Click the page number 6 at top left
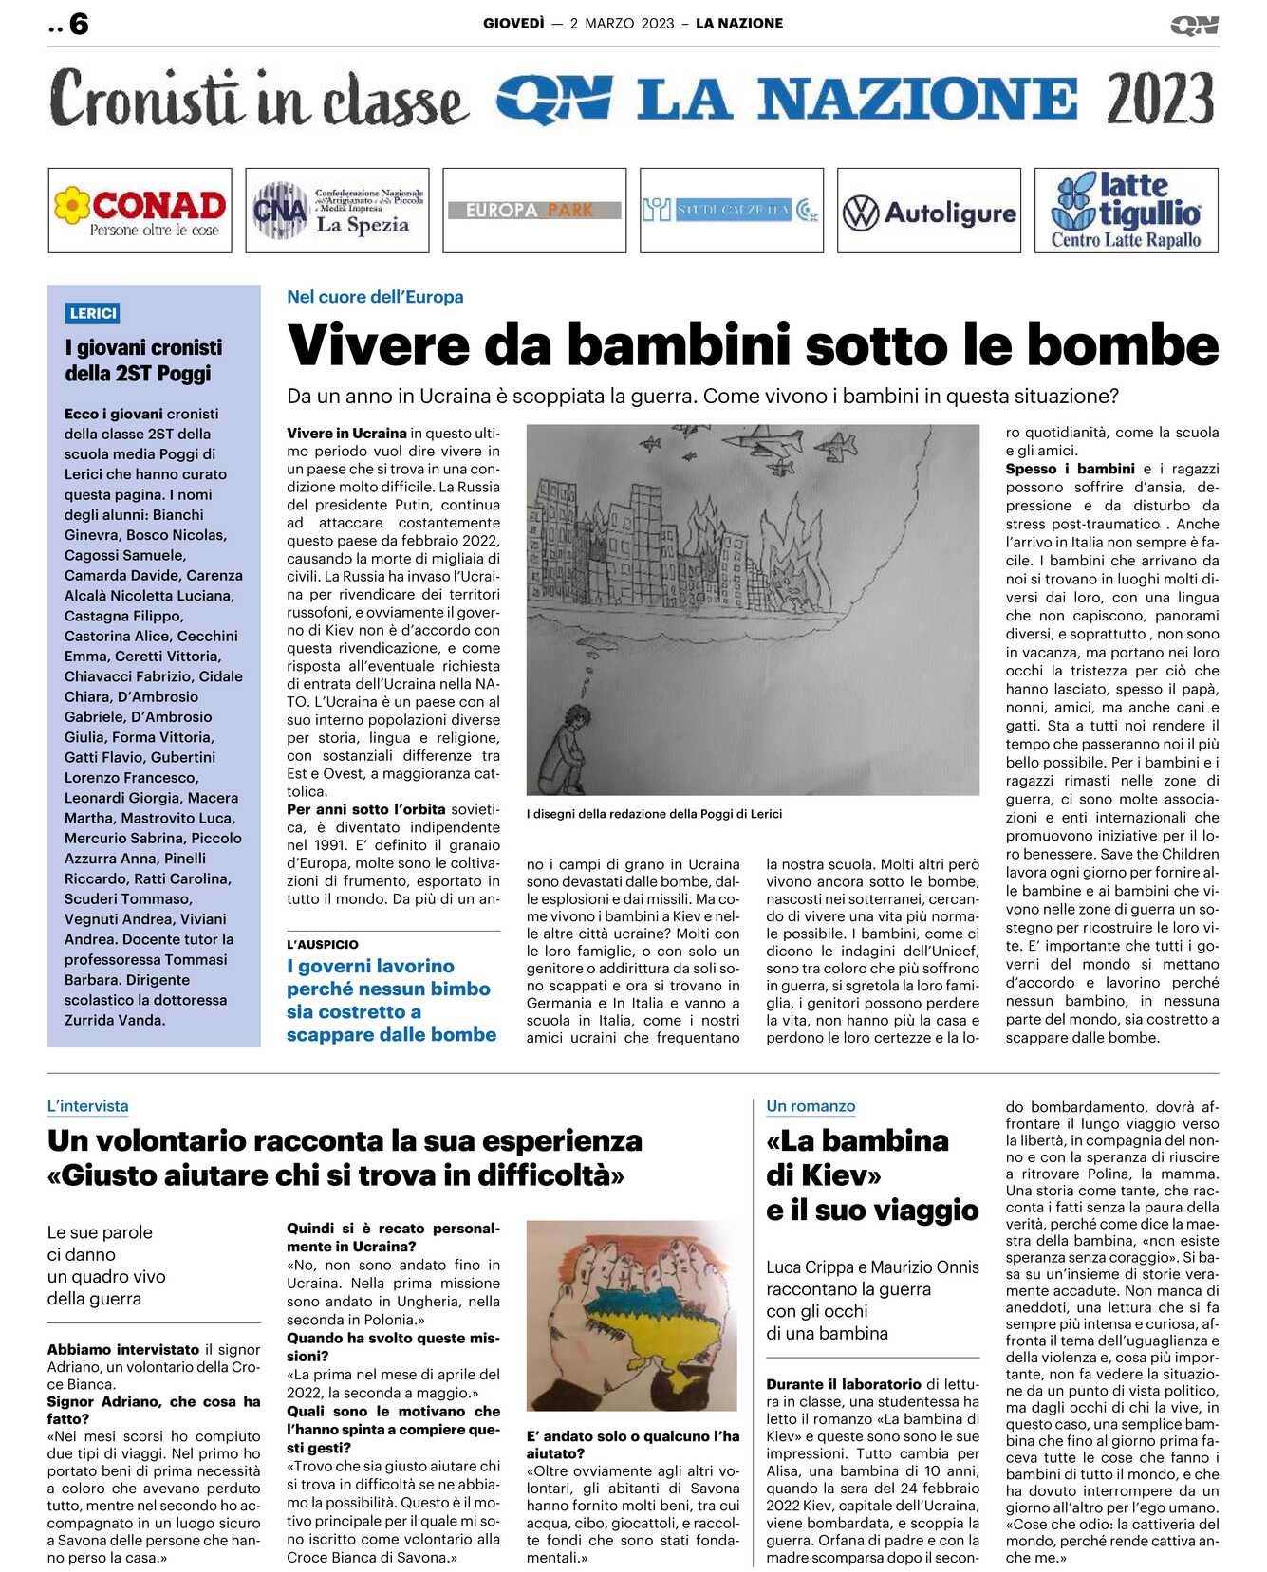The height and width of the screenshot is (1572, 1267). (x=79, y=24)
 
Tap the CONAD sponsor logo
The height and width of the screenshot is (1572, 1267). (x=140, y=211)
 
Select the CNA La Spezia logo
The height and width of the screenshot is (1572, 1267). (x=337, y=211)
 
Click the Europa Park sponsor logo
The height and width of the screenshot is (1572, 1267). (x=534, y=210)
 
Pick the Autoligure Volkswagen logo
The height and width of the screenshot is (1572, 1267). (x=928, y=212)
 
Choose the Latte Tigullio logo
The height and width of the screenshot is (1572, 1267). (x=1126, y=211)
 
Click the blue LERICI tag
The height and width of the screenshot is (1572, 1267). (x=93, y=313)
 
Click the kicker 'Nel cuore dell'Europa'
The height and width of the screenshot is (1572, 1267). (x=375, y=297)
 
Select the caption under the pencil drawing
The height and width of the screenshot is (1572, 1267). (x=654, y=814)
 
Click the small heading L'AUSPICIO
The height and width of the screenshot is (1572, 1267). (x=323, y=944)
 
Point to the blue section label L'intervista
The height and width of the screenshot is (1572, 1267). (x=87, y=1106)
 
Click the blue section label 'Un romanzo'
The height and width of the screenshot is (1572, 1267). (x=811, y=1106)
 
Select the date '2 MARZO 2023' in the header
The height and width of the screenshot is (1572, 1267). (x=622, y=24)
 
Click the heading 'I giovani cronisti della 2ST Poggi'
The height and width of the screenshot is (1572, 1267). (x=143, y=361)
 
